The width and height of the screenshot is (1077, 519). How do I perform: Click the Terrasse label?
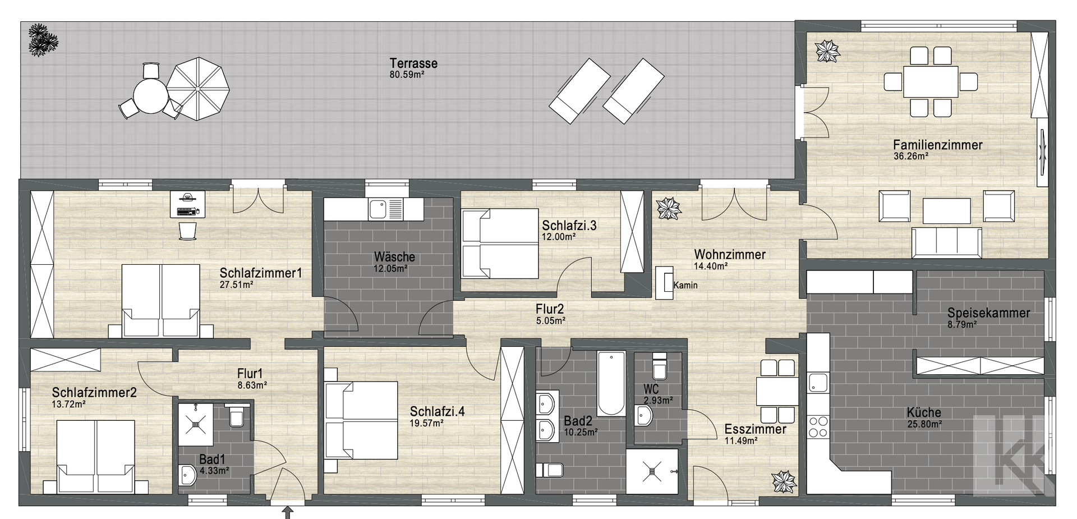point(413,63)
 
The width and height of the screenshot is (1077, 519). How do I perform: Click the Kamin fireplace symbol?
point(665,283)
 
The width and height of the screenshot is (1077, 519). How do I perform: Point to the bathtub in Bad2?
point(611,383)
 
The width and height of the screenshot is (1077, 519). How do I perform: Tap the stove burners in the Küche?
point(818,426)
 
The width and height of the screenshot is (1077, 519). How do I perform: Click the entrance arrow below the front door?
point(288,512)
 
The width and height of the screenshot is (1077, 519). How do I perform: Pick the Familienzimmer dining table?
point(931,82)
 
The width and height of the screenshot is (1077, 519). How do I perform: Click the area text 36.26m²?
point(910,157)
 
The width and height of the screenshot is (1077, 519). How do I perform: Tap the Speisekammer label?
point(988,313)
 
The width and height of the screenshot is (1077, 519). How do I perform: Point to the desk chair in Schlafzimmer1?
point(188,231)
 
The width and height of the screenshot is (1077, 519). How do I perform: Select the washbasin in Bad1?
point(188,476)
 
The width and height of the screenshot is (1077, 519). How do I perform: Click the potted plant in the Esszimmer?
point(784,483)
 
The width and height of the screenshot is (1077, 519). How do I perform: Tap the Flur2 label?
point(549,309)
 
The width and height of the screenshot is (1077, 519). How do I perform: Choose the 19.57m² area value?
point(426,423)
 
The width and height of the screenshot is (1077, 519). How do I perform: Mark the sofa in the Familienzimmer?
point(947,242)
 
